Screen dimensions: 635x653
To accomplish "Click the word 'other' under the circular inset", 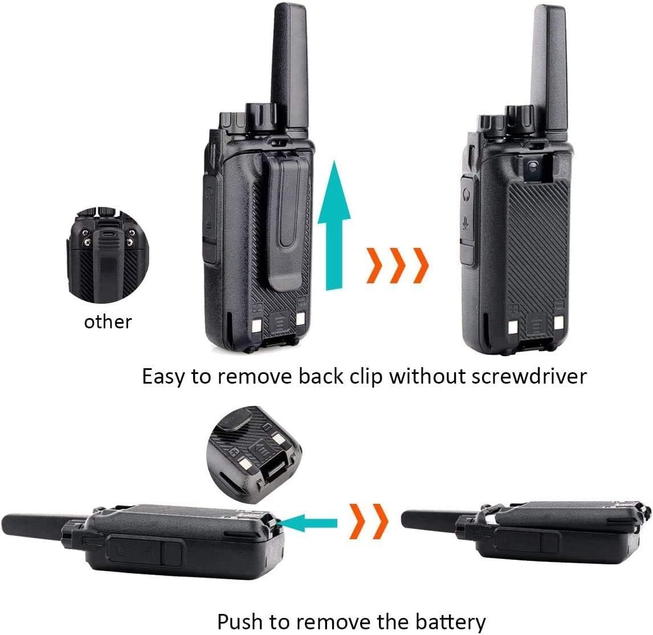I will pyautogui.click(x=108, y=321).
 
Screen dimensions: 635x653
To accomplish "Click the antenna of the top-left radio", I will pyautogui.click(x=289, y=63).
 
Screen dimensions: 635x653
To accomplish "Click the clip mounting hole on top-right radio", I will pyautogui.click(x=532, y=166).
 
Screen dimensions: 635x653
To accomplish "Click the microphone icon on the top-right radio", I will pyautogui.click(x=467, y=225).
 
